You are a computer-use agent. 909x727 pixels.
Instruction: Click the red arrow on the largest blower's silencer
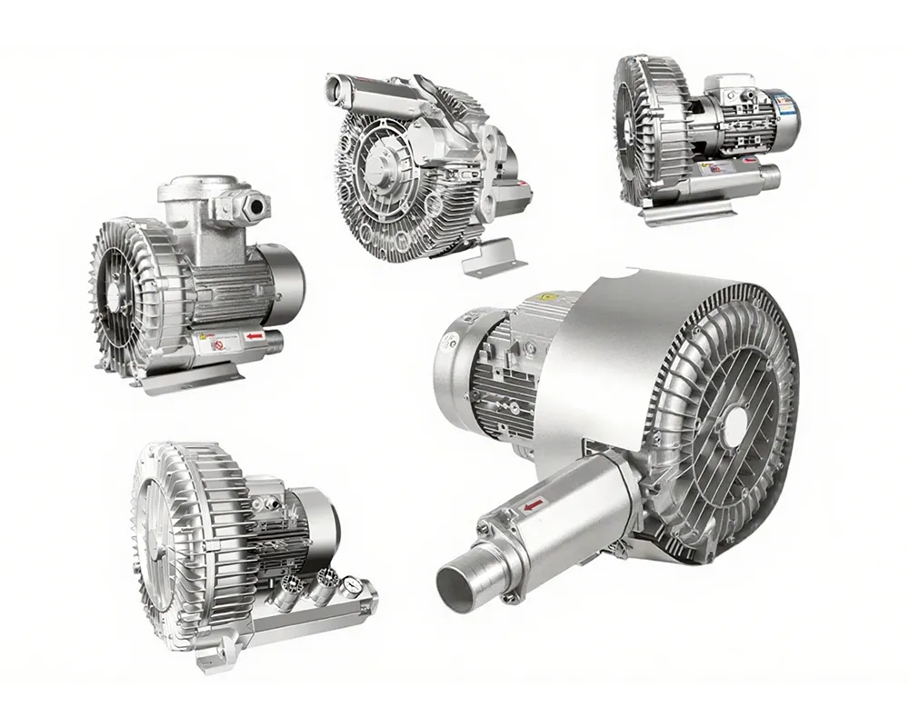pos(533,503)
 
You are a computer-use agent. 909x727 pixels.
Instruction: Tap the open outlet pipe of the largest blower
pos(457,586)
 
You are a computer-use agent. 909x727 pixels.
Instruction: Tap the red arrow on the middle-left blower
pos(255,337)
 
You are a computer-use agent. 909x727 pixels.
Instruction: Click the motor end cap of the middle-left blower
pos(290,284)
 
